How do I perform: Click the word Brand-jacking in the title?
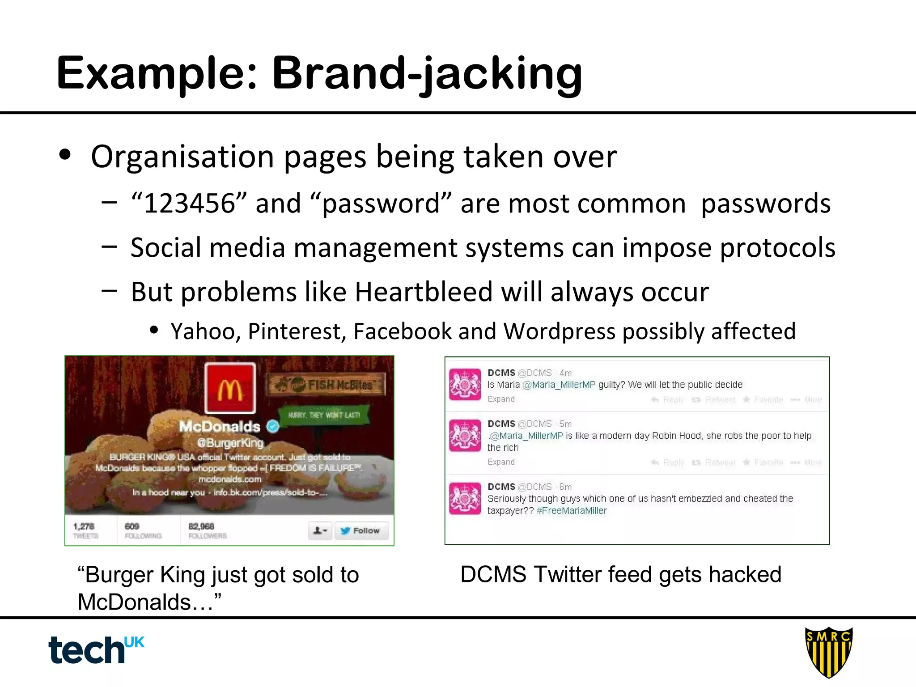click(x=427, y=74)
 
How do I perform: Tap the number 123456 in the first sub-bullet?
click(x=190, y=204)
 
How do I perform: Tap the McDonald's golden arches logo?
click(x=230, y=388)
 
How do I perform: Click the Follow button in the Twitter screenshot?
click(x=361, y=530)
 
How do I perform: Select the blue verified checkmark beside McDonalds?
click(x=272, y=426)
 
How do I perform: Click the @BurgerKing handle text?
click(x=230, y=443)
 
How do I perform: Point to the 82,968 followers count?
click(x=201, y=526)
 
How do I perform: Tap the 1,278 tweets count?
click(x=84, y=526)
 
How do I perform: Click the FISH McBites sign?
click(x=327, y=385)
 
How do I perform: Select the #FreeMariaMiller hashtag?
click(x=572, y=511)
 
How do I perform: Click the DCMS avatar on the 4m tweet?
click(x=465, y=384)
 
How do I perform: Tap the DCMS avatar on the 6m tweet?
click(x=465, y=498)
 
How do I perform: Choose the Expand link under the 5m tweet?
click(x=501, y=462)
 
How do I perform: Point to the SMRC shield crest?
click(x=828, y=652)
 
